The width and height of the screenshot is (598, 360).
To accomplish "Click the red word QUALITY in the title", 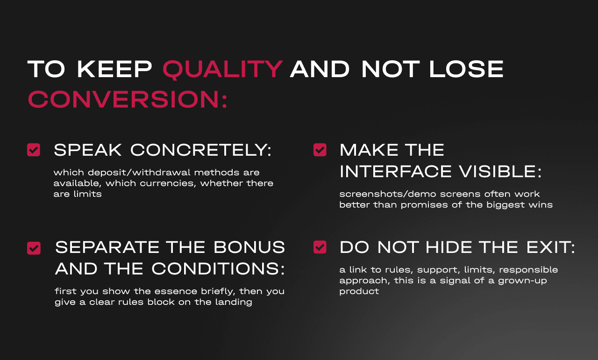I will (222, 69).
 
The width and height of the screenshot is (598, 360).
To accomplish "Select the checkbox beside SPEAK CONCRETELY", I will (34, 150).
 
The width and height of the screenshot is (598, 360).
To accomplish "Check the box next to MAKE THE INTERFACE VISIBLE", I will (320, 150).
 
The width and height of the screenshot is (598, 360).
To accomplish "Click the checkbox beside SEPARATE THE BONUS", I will (34, 248).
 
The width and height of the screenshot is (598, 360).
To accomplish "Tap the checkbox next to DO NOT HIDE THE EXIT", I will (320, 247).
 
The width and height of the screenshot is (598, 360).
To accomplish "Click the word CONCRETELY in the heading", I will (200, 150).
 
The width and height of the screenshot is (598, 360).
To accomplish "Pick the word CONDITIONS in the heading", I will (218, 269).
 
